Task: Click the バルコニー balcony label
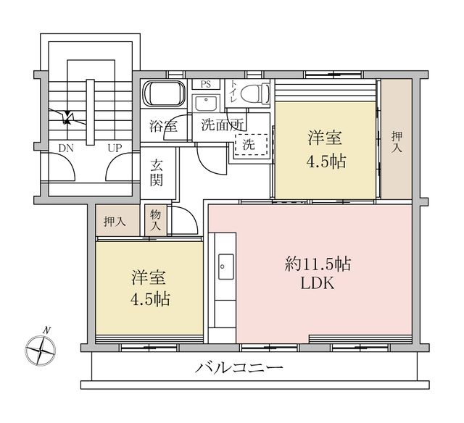click(239, 368)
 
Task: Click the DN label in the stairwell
click(67, 148)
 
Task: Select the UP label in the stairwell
click(115, 148)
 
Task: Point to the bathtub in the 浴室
click(166, 95)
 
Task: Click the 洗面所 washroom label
click(222, 124)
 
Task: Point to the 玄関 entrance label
click(157, 172)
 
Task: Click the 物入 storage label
click(156, 219)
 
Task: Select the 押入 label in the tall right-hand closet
click(397, 141)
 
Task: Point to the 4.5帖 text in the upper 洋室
click(325, 160)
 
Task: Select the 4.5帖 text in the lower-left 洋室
click(151, 298)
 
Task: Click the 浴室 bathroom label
click(163, 125)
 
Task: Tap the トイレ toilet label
click(233, 91)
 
